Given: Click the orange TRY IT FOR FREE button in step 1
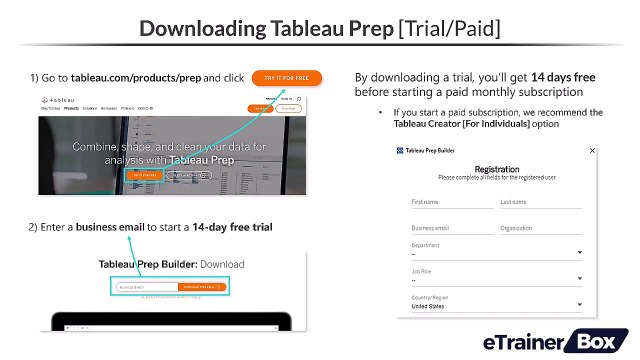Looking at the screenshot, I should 286,77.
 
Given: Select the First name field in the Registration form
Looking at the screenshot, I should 451,203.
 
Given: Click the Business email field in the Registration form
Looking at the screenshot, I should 451,228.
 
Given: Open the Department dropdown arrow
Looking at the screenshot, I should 579,253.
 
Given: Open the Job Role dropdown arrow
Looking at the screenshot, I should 579,280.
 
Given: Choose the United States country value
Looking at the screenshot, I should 430,306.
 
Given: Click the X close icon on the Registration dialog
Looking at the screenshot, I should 592,150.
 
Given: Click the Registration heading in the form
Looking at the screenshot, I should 496,169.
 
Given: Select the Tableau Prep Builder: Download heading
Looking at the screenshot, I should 171,265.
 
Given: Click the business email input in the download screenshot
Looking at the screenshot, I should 144,287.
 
